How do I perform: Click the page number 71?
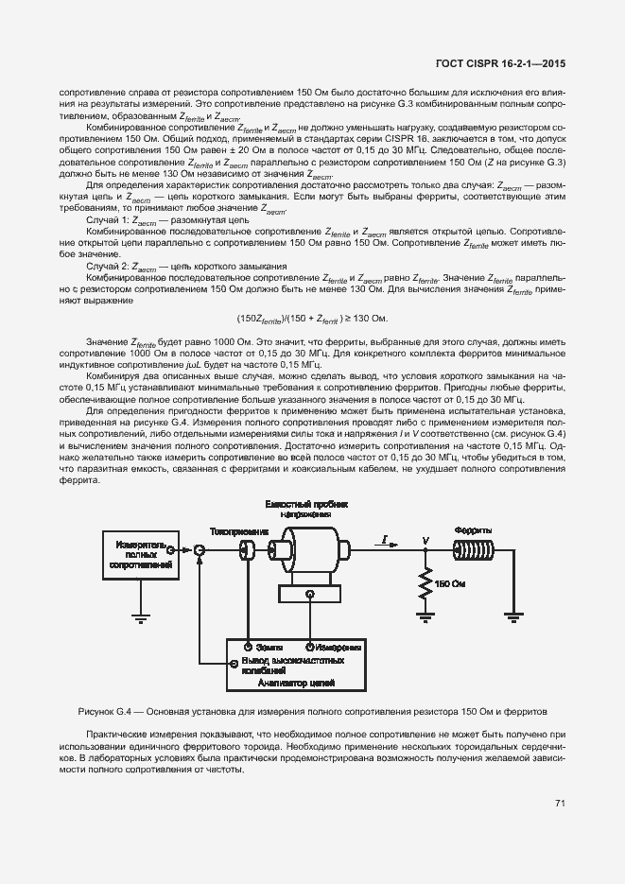[560, 804]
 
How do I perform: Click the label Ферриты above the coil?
[470, 530]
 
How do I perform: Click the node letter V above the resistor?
[425, 539]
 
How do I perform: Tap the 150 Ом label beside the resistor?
[451, 583]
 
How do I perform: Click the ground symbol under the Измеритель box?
[141, 618]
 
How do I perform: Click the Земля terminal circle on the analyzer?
[247, 646]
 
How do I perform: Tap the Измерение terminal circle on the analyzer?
[310, 646]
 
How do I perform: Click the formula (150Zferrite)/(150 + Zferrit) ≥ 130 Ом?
[312, 318]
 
